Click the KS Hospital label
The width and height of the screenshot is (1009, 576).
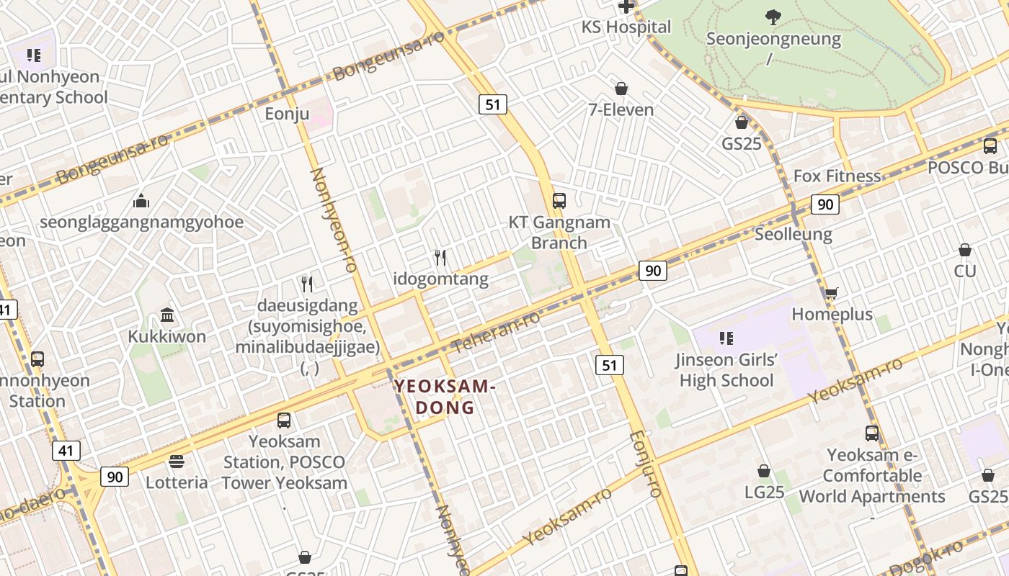click(626, 27)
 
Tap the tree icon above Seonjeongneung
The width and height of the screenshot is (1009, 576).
click(773, 17)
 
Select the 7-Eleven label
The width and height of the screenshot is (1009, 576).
click(621, 110)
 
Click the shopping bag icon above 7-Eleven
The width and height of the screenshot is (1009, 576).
click(621, 89)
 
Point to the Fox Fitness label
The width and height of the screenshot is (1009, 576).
click(837, 176)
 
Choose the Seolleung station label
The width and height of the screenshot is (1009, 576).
click(793, 234)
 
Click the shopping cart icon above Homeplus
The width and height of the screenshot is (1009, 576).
click(831, 293)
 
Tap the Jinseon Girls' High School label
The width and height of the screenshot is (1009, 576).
click(726, 370)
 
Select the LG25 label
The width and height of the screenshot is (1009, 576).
click(764, 492)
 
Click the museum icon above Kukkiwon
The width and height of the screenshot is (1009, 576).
click(167, 315)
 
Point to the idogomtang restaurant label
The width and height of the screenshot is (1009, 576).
click(440, 279)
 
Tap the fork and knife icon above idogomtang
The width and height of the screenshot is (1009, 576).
click(440, 257)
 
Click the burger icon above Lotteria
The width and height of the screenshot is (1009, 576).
click(177, 461)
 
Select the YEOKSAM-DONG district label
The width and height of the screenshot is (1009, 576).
click(445, 397)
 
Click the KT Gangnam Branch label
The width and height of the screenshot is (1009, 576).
click(559, 233)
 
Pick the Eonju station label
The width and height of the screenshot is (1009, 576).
click(287, 114)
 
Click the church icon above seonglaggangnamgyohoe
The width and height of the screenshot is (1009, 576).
click(141, 200)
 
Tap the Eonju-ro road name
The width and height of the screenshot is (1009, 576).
click(644, 464)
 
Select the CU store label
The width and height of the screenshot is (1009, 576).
click(965, 271)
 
